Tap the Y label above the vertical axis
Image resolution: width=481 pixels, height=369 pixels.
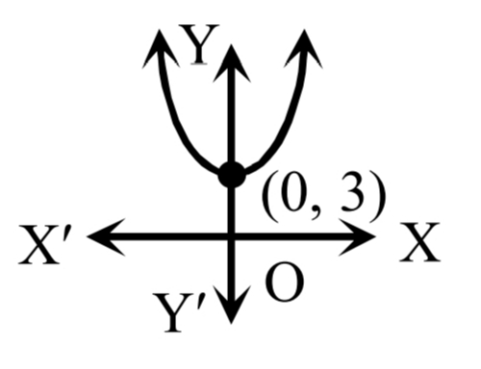199,44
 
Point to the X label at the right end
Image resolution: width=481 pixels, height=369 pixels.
419,242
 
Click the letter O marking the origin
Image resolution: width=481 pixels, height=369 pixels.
285,283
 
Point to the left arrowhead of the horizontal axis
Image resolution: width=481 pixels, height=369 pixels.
107,237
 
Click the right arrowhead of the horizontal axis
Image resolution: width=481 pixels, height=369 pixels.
357,237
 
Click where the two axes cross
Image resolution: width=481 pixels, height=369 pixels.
231,237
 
